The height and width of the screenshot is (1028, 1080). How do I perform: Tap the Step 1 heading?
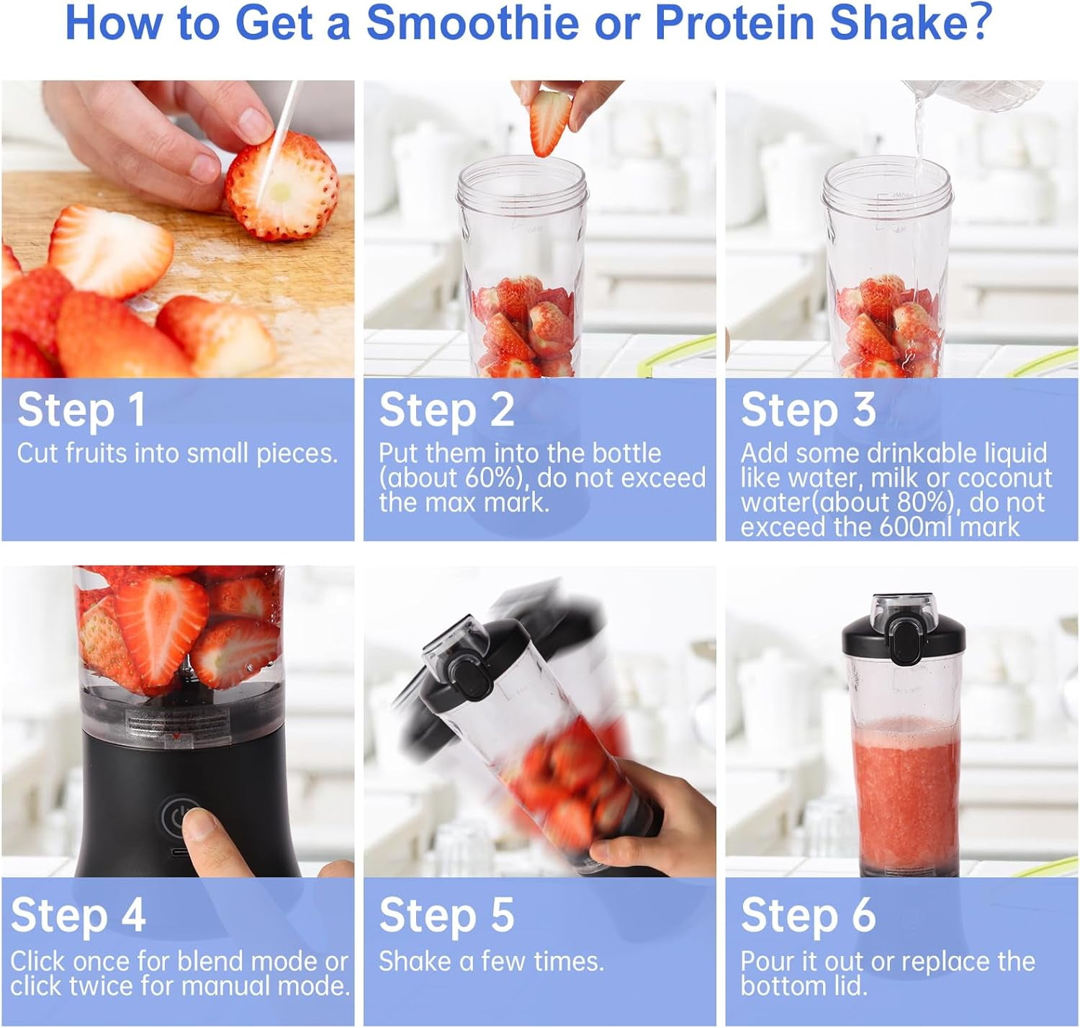[81, 410]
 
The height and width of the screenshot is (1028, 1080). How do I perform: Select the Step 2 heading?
[446, 410]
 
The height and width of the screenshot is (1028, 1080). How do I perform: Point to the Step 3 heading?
[808, 410]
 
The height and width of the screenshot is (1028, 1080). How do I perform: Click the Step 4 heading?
[78, 916]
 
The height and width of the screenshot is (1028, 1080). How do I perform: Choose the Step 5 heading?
[446, 916]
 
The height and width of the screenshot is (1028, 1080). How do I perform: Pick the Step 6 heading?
[808, 916]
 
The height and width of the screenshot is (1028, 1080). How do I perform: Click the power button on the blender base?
[176, 816]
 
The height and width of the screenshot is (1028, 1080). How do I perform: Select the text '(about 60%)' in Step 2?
[454, 478]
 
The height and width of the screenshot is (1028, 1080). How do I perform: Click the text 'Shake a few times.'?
[491, 961]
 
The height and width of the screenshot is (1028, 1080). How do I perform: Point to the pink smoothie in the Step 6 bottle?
[904, 792]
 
